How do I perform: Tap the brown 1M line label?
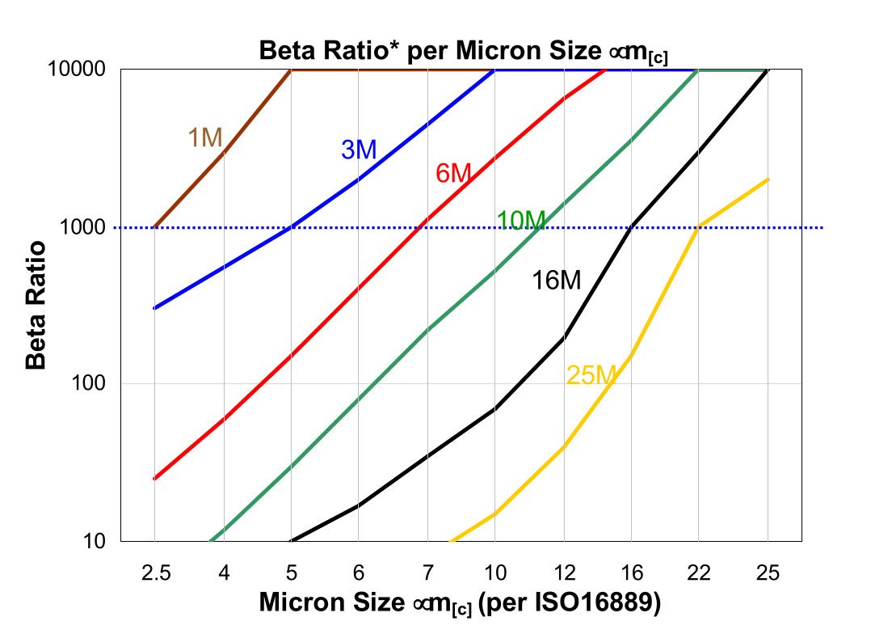tap(204, 138)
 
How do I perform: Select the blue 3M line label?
tap(358, 150)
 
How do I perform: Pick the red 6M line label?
tap(452, 173)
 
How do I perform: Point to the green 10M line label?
tap(520, 219)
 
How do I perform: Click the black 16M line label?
tap(556, 281)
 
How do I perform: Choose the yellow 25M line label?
tap(591, 375)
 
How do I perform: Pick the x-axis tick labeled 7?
tap(427, 573)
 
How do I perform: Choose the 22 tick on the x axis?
tap(699, 573)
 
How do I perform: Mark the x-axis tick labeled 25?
tap(768, 573)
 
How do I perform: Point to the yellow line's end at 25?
tap(768, 180)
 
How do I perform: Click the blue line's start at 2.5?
tap(154, 308)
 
